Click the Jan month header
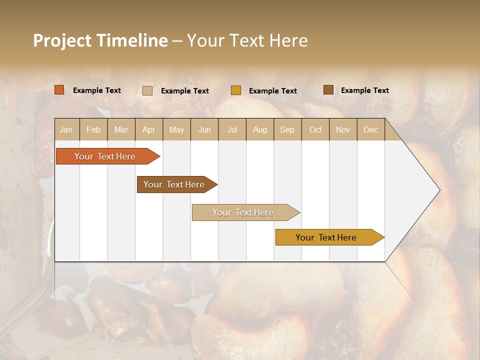tap(66, 130)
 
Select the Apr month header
tap(148, 130)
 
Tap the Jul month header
tap(232, 130)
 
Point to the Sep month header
tap(287, 130)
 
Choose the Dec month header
tap(370, 130)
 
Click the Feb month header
tap(93, 130)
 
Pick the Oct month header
tap(315, 130)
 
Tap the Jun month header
tap(204, 130)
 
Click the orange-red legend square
tap(59, 90)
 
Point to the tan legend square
tap(147, 90)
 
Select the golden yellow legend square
tap(236, 90)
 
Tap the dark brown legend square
tap(328, 90)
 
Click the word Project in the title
tap(62, 41)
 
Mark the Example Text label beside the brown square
tap(364, 90)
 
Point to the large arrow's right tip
tap(439, 190)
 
